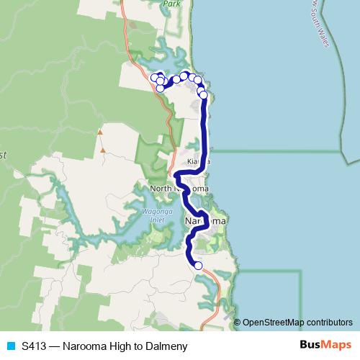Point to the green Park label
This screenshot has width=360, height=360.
click(171, 4)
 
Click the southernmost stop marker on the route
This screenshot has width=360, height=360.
click(198, 266)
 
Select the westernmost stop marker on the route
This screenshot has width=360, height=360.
click(155, 77)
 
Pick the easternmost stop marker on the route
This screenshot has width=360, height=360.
click(204, 94)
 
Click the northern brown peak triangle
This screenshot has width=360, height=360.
click(100, 132)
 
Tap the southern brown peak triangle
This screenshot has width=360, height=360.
click(104, 150)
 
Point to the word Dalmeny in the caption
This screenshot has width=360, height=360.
click(167, 346)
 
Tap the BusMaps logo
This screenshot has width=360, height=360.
click(322, 346)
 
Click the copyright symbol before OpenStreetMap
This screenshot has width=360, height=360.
click(238, 323)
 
